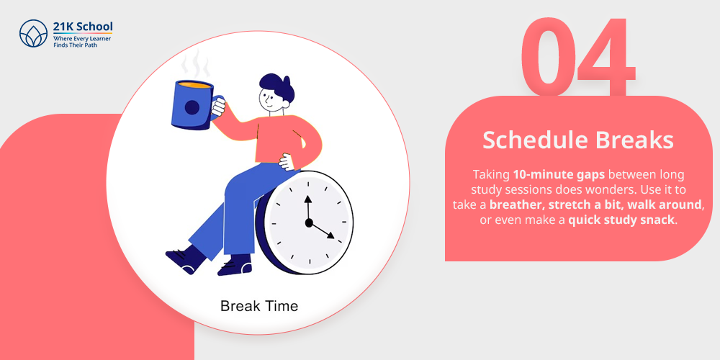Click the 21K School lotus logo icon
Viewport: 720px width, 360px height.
[x=34, y=34]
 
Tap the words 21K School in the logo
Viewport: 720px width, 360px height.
[x=83, y=27]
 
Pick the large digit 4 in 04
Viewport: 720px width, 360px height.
[x=606, y=57]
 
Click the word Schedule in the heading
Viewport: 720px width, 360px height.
[x=526, y=140]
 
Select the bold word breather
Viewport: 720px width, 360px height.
[x=516, y=204]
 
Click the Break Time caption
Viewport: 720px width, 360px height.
[x=259, y=306]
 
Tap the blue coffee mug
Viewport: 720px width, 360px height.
[x=194, y=105]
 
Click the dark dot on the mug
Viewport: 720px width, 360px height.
[x=192, y=107]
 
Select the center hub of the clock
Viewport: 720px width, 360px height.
[x=309, y=222]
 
